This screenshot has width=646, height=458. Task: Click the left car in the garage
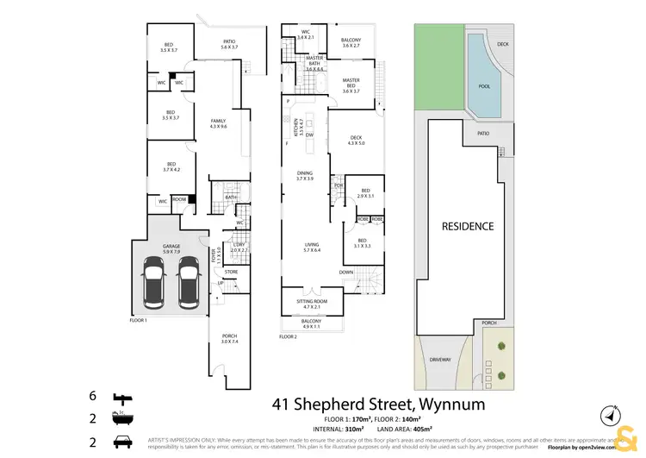pyautogui.click(x=156, y=285)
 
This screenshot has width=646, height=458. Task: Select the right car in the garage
pyautogui.click(x=189, y=285)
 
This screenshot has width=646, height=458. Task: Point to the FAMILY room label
pyautogui.click(x=218, y=122)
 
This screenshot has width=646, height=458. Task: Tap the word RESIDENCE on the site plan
pyautogui.click(x=468, y=226)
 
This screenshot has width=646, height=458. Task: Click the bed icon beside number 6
pyautogui.click(x=121, y=398)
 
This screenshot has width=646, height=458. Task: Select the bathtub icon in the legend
pyautogui.click(x=121, y=420)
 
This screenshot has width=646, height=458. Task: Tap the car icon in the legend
pyautogui.click(x=121, y=442)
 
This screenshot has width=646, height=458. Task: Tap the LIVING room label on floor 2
pyautogui.click(x=311, y=247)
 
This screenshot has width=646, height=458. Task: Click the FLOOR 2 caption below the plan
pyautogui.click(x=288, y=336)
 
